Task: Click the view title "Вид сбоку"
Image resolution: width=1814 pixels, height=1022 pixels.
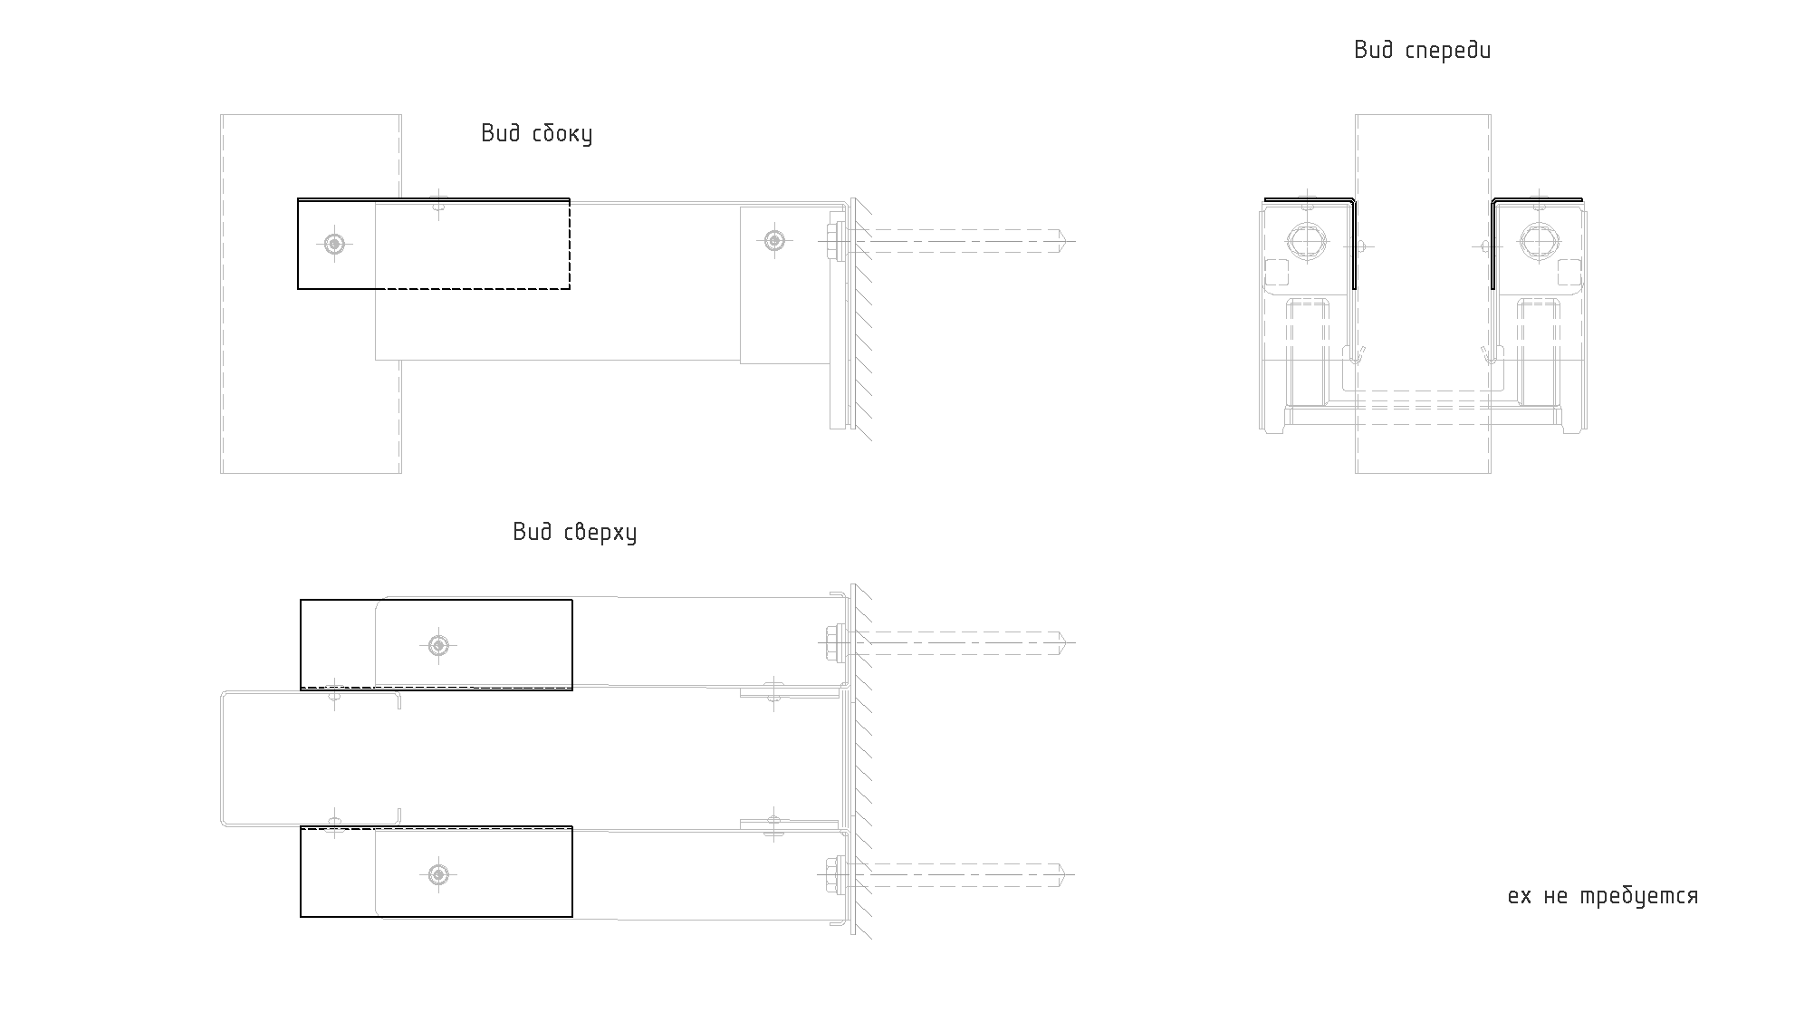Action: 536,134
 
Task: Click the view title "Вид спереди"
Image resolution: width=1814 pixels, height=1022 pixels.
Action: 1422,51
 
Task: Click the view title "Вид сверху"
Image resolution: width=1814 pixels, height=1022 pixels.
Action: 574,532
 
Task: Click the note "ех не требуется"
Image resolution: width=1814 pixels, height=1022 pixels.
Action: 1602,897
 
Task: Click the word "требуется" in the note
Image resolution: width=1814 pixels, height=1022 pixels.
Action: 1639,897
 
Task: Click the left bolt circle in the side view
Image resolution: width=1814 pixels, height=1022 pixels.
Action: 335,243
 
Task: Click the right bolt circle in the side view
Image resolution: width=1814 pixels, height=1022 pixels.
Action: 773,240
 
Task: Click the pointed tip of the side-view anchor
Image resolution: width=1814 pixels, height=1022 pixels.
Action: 1065,241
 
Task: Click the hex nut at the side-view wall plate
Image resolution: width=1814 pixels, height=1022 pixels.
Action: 832,241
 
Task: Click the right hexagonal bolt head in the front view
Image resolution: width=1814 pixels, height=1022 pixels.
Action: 1539,241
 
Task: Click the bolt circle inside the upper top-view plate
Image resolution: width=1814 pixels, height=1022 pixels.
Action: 438,645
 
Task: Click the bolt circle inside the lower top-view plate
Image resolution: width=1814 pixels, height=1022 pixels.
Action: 438,874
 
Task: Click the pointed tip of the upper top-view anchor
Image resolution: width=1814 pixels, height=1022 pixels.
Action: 1065,643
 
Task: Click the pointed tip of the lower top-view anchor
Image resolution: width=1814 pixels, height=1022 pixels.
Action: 1065,874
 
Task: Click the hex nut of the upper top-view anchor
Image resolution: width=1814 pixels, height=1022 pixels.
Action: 832,643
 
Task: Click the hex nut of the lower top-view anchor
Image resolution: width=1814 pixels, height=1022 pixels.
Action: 832,874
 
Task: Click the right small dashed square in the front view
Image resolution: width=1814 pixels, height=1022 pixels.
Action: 1569,273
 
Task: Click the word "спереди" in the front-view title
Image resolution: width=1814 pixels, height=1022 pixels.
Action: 1448,51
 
